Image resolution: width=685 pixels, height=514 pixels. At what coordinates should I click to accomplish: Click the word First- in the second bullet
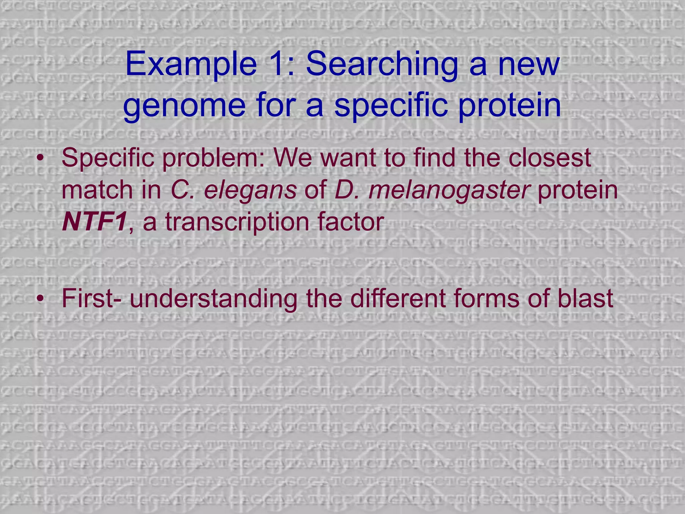tap(92, 298)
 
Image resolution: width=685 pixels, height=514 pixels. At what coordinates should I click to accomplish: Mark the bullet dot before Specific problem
tap(40, 159)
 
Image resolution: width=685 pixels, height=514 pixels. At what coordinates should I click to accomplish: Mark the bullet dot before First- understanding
tap(40, 299)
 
